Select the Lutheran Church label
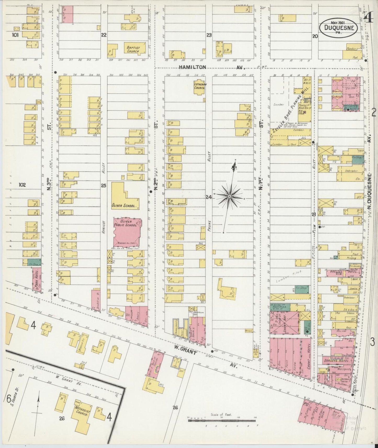pyautogui.click(x=199, y=86)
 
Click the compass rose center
pyautogui.click(x=229, y=196)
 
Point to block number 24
pyautogui.click(x=209, y=197)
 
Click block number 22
pyautogui.click(x=104, y=35)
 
